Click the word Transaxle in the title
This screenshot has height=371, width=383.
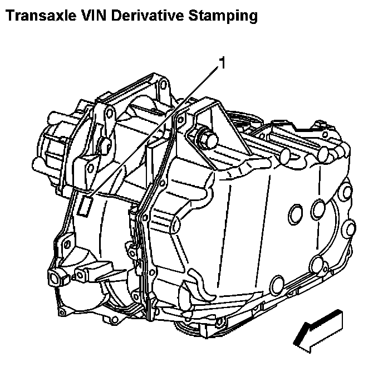pos(37,16)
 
